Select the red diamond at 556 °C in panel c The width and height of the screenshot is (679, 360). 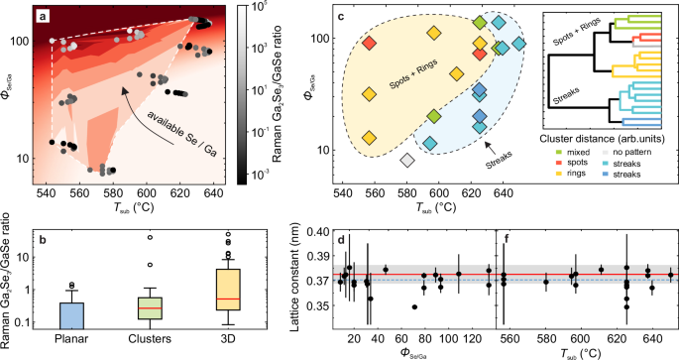click(x=369, y=43)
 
